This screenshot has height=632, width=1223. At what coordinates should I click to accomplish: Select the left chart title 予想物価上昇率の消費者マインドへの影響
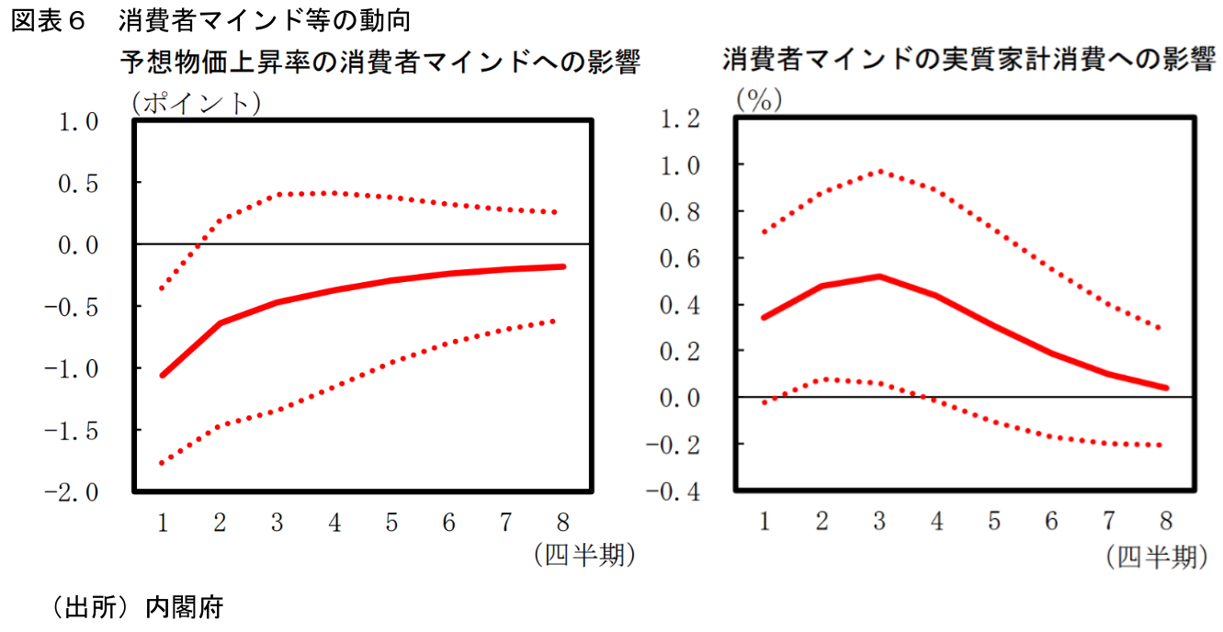pyautogui.click(x=379, y=62)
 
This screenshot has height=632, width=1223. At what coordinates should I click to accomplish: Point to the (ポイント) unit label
pyautogui.click(x=196, y=102)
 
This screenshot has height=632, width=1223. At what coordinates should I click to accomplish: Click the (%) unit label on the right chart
pyautogui.click(x=758, y=100)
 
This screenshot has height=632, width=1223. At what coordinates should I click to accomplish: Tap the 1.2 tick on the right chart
pyautogui.click(x=677, y=118)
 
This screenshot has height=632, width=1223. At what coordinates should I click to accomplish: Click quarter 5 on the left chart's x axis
pyautogui.click(x=391, y=524)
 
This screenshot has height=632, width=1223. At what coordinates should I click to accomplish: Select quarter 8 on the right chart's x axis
pyautogui.click(x=1166, y=522)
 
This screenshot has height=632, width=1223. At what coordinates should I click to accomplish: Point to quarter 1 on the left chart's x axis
pyautogui.click(x=162, y=524)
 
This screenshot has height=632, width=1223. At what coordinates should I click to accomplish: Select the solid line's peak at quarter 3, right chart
pyautogui.click(x=879, y=276)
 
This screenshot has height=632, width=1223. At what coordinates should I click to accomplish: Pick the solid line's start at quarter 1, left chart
pyautogui.click(x=162, y=375)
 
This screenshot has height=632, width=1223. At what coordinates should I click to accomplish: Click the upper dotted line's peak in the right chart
pyautogui.click(x=879, y=171)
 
